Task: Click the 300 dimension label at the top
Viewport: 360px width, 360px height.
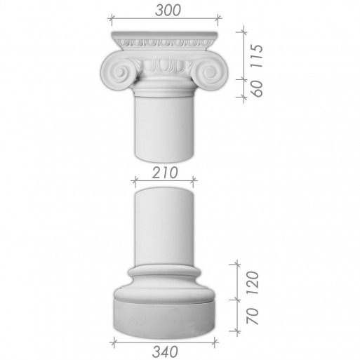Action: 168,11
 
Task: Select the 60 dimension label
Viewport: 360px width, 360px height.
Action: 257,88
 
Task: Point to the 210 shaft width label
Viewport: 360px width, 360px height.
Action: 165,173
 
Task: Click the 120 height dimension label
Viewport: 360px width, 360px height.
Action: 253,283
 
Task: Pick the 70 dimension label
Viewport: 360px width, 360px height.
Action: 253,316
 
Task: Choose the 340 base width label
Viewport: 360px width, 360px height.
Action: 165,352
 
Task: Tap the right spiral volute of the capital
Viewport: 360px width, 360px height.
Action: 209,72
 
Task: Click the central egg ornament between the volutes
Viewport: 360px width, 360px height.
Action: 164,65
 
